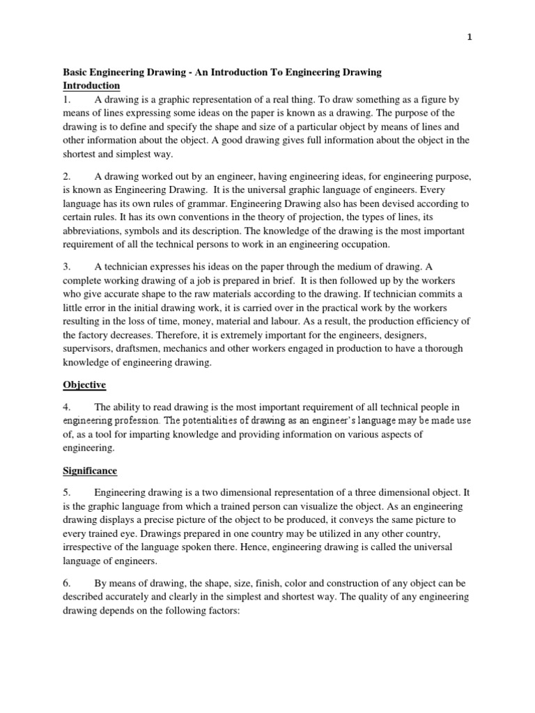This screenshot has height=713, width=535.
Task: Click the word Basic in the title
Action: [x=76, y=72]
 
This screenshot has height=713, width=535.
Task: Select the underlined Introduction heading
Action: [x=91, y=86]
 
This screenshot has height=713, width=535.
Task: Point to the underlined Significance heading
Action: [x=91, y=452]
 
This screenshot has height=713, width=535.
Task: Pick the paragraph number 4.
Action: [x=66, y=407]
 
